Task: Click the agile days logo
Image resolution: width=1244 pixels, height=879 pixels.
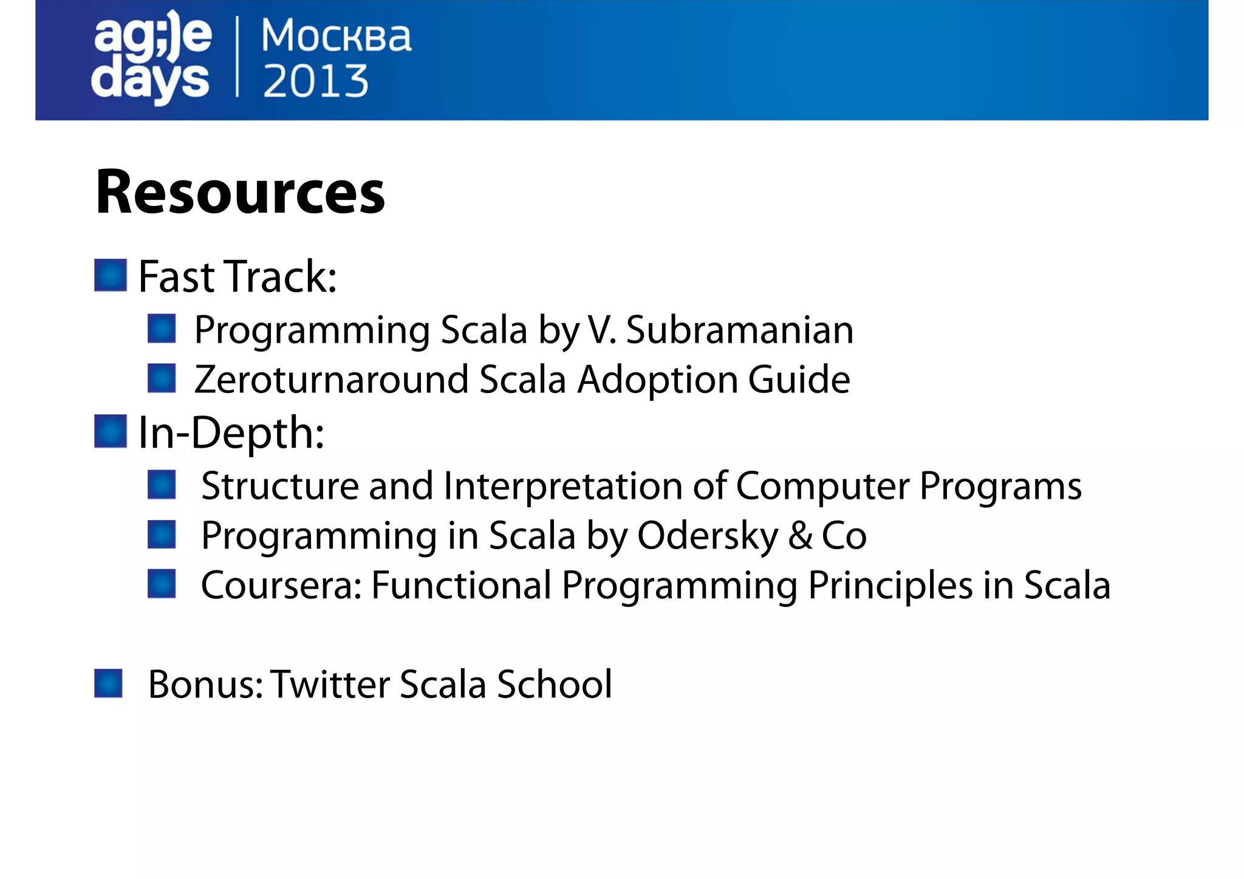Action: click(151, 58)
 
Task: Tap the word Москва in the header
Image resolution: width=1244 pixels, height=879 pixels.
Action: click(336, 36)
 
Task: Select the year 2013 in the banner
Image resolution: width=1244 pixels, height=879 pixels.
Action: click(315, 81)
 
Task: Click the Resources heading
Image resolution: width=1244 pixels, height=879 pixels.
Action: click(240, 193)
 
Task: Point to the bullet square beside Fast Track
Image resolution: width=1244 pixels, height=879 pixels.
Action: click(111, 275)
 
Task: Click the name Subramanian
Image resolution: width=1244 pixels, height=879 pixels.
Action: click(739, 330)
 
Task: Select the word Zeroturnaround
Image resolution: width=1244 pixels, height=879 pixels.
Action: click(332, 380)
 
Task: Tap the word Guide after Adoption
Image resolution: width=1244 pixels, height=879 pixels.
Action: click(799, 380)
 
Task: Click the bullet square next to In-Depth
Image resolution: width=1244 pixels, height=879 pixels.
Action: click(111, 431)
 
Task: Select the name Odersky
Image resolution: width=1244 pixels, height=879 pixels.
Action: click(708, 536)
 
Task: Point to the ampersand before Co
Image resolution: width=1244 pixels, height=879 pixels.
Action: click(801, 536)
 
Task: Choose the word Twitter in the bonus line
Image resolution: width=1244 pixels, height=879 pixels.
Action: click(330, 685)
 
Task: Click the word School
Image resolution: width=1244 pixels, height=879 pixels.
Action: click(554, 685)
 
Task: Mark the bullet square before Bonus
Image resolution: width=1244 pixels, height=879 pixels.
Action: click(109, 683)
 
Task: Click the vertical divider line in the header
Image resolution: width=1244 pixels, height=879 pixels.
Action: click(237, 58)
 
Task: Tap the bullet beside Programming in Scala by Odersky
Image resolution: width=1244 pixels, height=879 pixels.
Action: click(162, 534)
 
